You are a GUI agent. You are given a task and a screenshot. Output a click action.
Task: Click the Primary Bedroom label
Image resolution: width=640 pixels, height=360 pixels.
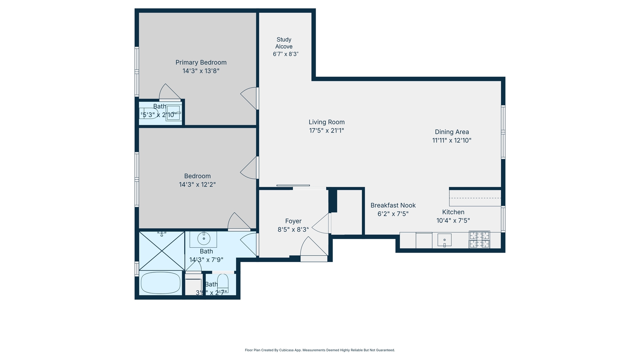click(x=201, y=62)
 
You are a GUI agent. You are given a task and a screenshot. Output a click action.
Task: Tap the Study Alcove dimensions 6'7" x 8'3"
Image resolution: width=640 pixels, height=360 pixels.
click(x=285, y=54)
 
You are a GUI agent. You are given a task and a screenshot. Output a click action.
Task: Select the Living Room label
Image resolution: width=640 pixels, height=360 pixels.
click(x=326, y=122)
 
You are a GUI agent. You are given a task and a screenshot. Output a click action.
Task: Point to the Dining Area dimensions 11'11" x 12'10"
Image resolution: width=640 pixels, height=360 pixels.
click(x=452, y=140)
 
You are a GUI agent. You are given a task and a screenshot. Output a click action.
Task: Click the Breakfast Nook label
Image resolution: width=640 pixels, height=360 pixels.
click(x=393, y=205)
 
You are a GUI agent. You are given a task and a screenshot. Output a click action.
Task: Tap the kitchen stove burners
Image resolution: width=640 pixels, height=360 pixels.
click(x=479, y=240)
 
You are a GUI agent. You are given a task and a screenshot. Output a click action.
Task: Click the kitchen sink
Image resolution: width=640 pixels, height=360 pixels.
click(x=444, y=240)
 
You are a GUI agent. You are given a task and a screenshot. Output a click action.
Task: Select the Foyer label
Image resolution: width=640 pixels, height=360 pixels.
click(x=293, y=221)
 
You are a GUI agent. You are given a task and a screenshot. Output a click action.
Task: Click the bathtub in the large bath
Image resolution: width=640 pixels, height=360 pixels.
click(x=161, y=283)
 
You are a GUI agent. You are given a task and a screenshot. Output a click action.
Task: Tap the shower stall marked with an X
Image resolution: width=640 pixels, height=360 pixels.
click(x=162, y=251)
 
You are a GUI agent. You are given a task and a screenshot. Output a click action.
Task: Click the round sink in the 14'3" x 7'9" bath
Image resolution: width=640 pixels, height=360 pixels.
click(x=203, y=239)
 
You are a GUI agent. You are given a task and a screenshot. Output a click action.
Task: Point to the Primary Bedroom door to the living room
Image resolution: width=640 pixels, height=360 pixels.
click(x=249, y=98)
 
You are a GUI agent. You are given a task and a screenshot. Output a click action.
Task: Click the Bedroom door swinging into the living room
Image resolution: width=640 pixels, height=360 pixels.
click(x=249, y=168)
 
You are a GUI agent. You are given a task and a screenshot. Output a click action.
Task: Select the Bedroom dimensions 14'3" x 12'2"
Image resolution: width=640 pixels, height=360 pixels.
click(x=197, y=184)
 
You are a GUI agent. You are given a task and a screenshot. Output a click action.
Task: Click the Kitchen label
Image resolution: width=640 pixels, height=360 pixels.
click(x=453, y=212)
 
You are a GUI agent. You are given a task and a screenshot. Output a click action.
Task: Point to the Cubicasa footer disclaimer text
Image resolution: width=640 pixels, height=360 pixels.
click(x=320, y=350)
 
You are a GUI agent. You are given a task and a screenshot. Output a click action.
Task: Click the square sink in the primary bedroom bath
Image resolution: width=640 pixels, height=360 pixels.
click(x=173, y=113)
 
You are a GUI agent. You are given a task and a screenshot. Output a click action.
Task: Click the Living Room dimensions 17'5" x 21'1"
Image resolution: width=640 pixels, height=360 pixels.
click(x=326, y=131)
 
